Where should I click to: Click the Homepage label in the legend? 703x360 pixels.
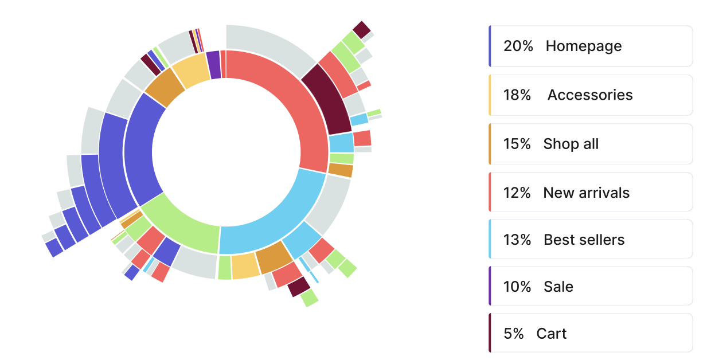[x=583, y=46]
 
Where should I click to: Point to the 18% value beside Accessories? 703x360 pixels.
[x=517, y=95]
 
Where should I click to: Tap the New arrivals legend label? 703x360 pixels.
[x=586, y=193]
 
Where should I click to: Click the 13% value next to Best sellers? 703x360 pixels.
[x=517, y=240]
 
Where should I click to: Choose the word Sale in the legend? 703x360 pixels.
[x=558, y=287]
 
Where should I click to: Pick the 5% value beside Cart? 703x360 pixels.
[x=513, y=334]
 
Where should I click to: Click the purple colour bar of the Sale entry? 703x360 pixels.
[x=490, y=286]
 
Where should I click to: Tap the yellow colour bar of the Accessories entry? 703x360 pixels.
[x=490, y=95]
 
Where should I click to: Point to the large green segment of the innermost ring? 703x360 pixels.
[x=181, y=226]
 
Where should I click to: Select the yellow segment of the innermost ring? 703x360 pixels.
[x=190, y=72]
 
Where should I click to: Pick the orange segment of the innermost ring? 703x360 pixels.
[x=164, y=88]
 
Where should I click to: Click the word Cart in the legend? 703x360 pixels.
[x=551, y=334]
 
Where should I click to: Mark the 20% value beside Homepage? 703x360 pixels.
[x=517, y=46]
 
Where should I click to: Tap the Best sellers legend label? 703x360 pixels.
[x=584, y=240]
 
